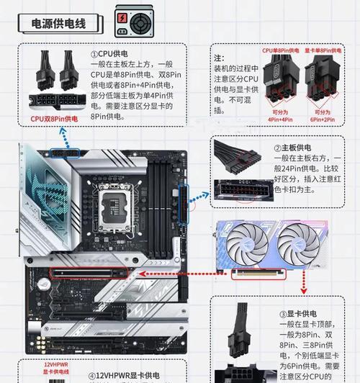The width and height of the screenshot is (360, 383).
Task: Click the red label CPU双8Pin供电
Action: [55, 118]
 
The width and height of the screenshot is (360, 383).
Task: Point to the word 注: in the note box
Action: [220, 58]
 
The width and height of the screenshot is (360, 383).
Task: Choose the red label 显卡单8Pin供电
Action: [321, 50]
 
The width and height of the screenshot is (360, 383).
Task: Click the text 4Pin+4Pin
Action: [282, 120]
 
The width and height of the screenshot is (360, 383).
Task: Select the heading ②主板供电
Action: [297, 149]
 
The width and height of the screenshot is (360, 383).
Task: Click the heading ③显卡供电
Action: [297, 315]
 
